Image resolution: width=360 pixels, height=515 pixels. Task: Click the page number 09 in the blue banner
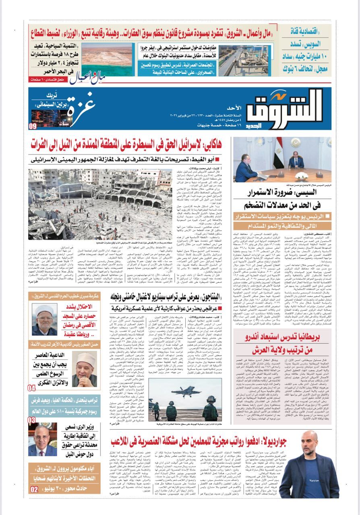pyautogui.click(x=33, y=126)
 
